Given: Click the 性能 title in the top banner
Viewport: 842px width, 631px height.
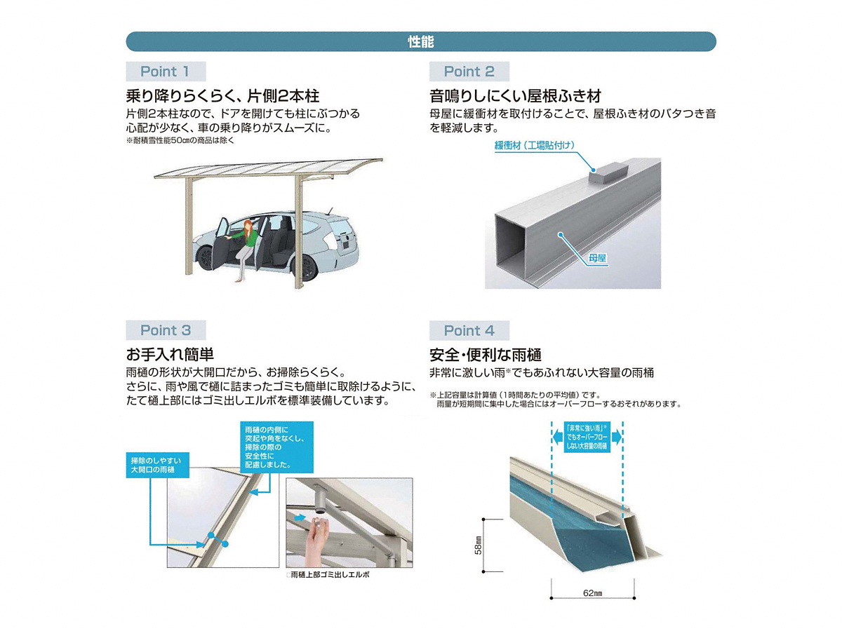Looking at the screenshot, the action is [420, 42].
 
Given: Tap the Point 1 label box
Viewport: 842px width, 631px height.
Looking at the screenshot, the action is [166, 72].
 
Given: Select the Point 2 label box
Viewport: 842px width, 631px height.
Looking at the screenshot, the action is [469, 72].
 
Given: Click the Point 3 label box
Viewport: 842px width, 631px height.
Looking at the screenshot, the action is [166, 330].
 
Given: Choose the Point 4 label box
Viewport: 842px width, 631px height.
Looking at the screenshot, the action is [469, 331].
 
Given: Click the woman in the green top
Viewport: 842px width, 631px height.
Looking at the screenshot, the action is [245, 249].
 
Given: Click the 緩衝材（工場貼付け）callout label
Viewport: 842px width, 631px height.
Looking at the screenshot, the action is [535, 146].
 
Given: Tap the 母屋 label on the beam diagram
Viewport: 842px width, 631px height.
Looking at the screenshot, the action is [597, 258].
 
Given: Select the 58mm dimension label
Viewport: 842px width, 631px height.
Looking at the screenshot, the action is [478, 545].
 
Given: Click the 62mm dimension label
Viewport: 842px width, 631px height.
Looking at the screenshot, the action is [592, 593].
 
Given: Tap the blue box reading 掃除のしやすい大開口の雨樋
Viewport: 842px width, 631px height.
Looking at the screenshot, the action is [157, 465].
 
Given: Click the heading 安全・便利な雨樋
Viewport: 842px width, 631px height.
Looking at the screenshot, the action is [486, 355].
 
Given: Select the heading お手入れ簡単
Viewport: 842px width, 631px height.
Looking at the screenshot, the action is [170, 354].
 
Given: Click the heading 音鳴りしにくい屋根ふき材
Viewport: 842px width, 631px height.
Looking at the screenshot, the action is [515, 96].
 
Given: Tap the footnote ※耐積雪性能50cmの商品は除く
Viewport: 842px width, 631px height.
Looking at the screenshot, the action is [180, 141].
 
